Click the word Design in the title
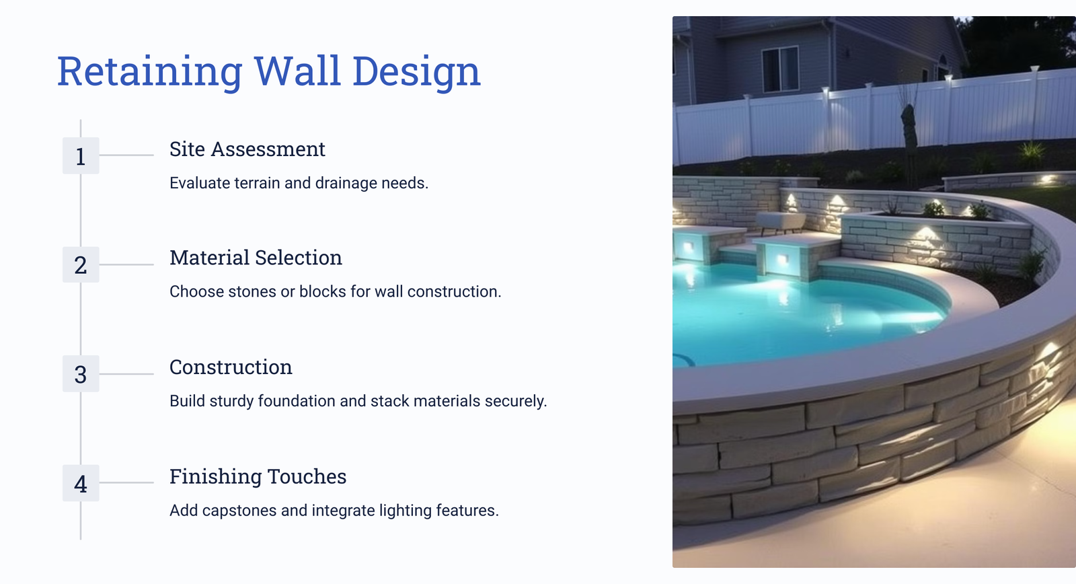pos(416,71)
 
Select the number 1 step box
pos(81,155)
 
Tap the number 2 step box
pos(81,265)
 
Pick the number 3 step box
pos(81,374)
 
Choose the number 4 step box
pos(81,483)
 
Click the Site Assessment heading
pos(247,149)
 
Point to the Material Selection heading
pos(256,258)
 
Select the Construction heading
pos(231,367)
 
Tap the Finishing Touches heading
pos(258,476)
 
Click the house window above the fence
pos(781,69)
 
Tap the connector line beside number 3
pos(126,374)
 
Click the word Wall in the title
pos(298,71)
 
